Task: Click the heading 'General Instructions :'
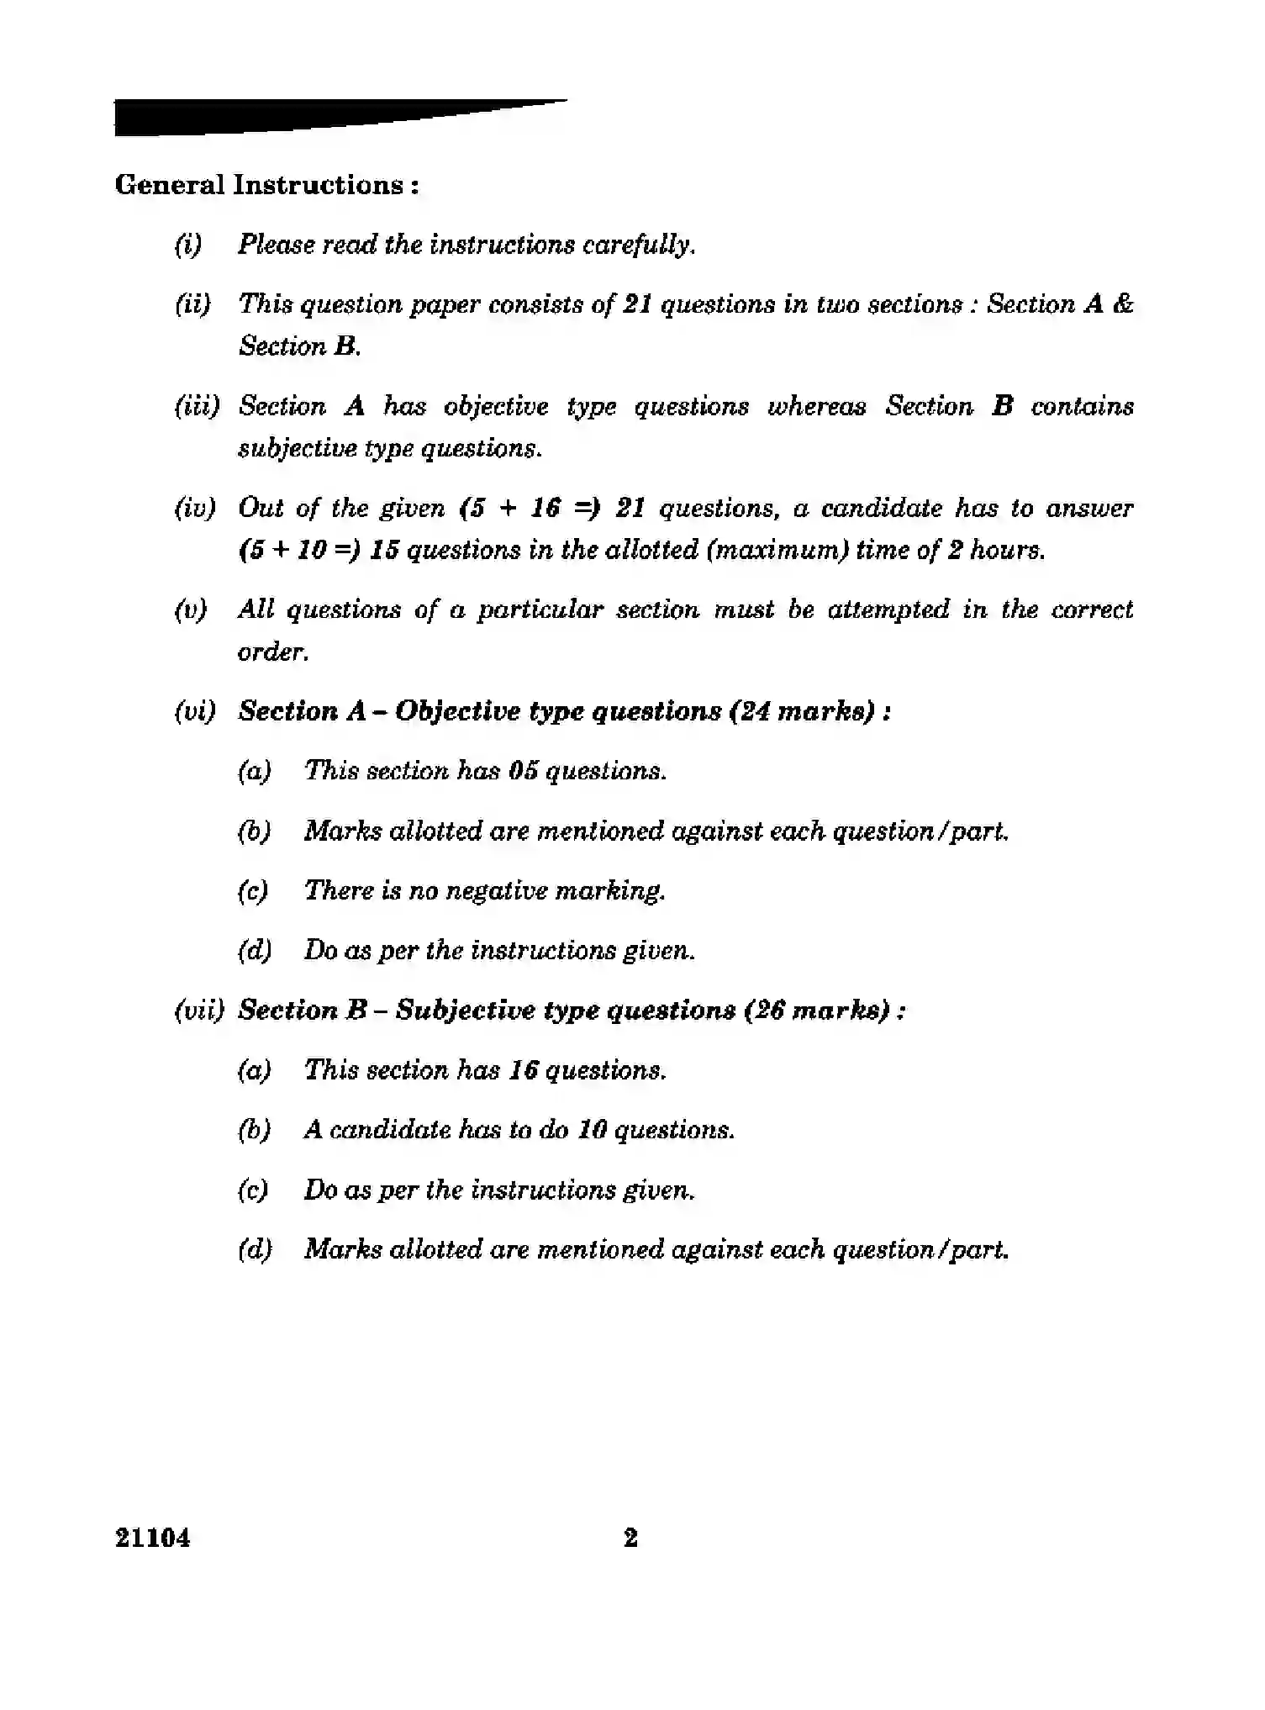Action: click(x=266, y=185)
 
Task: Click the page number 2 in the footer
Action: click(x=630, y=1538)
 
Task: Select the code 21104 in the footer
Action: click(x=153, y=1538)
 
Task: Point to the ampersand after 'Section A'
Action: click(x=1122, y=303)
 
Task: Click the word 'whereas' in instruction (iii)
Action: click(x=816, y=406)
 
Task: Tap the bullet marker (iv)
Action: click(x=195, y=508)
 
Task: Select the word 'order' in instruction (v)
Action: click(x=271, y=652)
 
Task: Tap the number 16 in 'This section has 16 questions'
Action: click(x=523, y=1070)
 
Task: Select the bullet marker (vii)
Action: click(x=199, y=1010)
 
